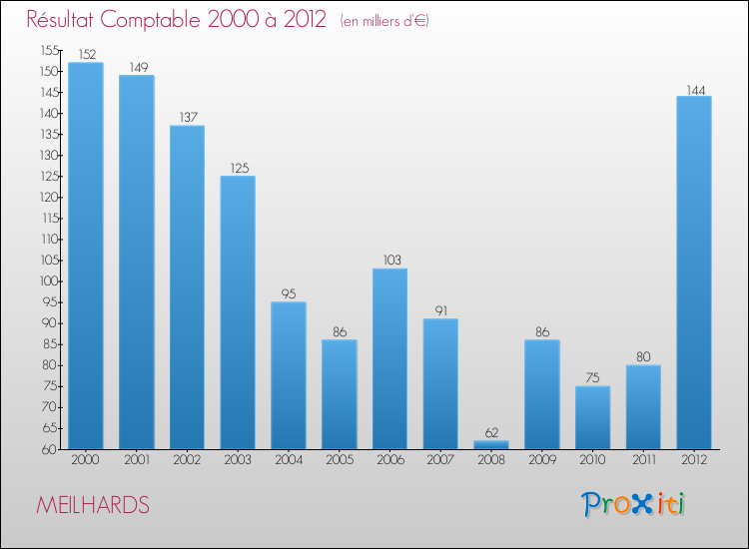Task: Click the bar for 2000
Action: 86,256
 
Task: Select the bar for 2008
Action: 491,444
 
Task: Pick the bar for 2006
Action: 389,358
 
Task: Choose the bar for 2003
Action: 238,312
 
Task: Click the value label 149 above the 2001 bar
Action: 137,68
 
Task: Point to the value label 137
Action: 188,118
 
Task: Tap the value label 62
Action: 491,433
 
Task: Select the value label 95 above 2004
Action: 289,294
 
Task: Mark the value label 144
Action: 694,89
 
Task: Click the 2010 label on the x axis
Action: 592,460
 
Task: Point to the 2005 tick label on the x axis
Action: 340,460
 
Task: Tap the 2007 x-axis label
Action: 440,460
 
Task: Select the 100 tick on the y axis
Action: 49,281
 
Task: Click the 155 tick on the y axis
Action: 49,51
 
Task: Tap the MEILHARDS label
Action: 93,506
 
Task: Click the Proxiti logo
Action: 634,505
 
